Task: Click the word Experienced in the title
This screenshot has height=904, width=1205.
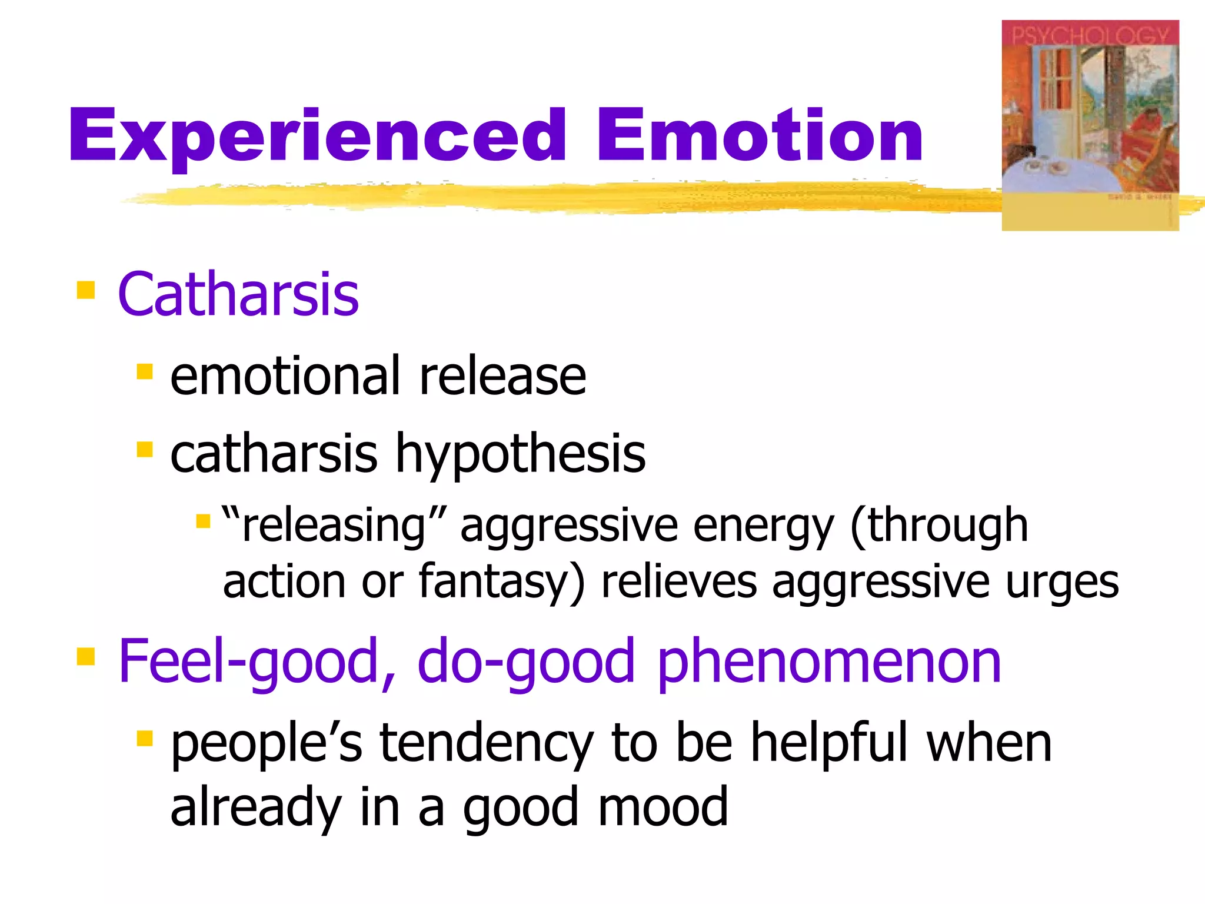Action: pyautogui.click(x=318, y=137)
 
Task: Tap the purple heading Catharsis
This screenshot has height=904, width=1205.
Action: pyautogui.click(x=238, y=294)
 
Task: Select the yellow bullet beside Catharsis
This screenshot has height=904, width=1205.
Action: pyautogui.click(x=86, y=290)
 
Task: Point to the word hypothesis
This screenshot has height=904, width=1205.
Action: pyautogui.click(x=520, y=454)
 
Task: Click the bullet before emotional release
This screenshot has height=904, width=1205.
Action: pyautogui.click(x=145, y=372)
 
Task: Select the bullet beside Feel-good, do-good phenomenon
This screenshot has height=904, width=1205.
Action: pyautogui.click(x=86, y=656)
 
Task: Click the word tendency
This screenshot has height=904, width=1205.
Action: pyautogui.click(x=486, y=743)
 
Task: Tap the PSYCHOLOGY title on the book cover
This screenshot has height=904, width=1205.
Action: pyautogui.click(x=1090, y=36)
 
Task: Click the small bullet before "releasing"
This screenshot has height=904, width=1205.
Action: pyautogui.click(x=203, y=521)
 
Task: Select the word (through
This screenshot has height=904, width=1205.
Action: pyautogui.click(x=939, y=525)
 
